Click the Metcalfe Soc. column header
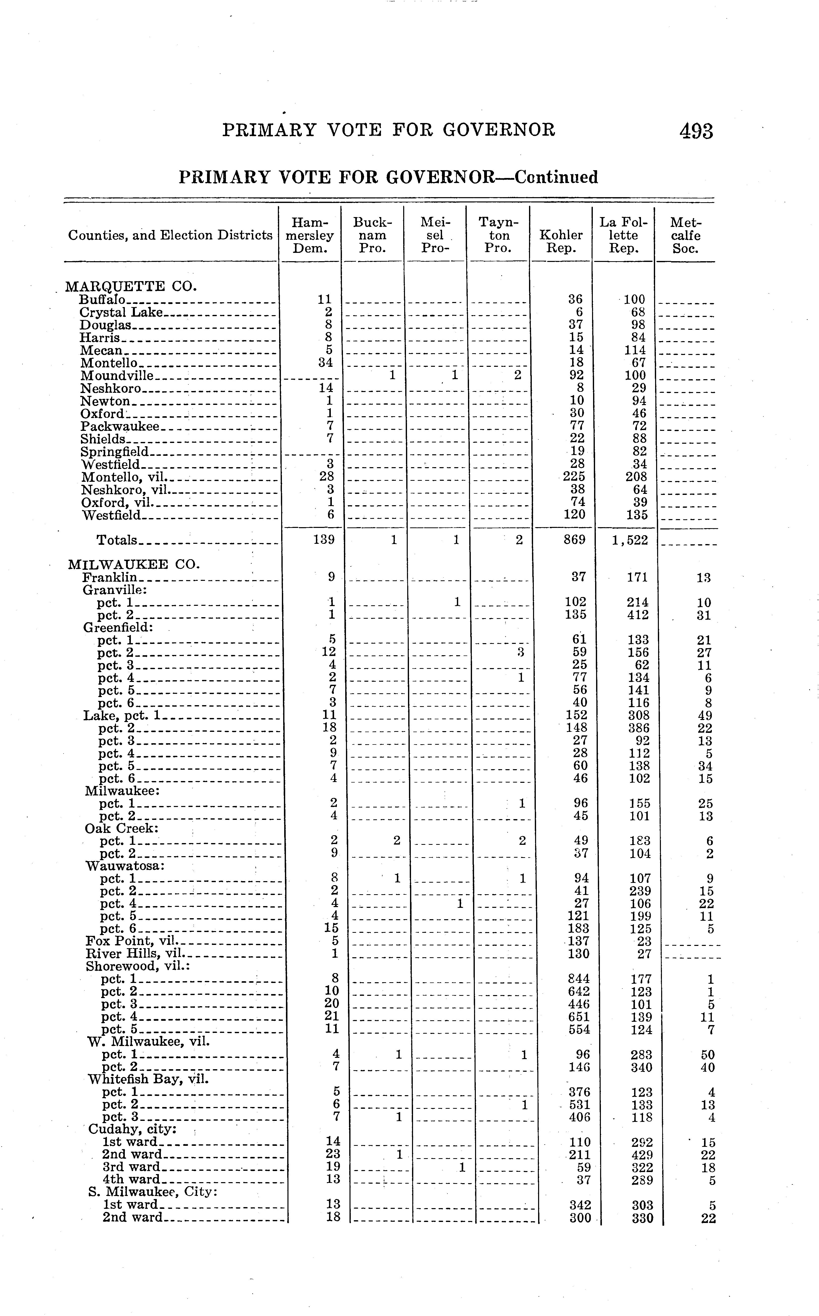tap(686, 235)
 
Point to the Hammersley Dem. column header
tap(310, 235)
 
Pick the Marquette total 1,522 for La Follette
tap(630, 540)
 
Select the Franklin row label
tap(110, 577)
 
